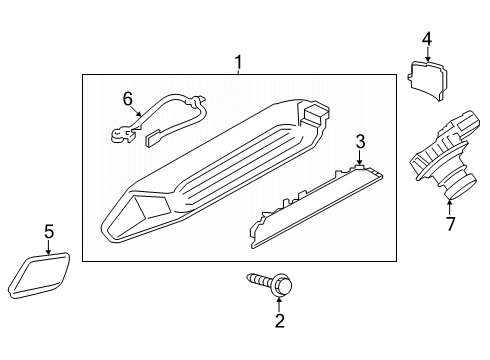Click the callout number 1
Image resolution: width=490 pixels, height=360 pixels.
238,63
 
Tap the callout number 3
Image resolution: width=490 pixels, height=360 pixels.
361,140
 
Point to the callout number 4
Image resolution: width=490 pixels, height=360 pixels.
426,39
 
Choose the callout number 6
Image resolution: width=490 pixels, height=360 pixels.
127,98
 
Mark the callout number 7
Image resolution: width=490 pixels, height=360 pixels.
450,223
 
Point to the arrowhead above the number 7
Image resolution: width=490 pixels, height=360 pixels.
449,204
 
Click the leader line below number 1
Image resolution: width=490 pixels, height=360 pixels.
238,73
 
